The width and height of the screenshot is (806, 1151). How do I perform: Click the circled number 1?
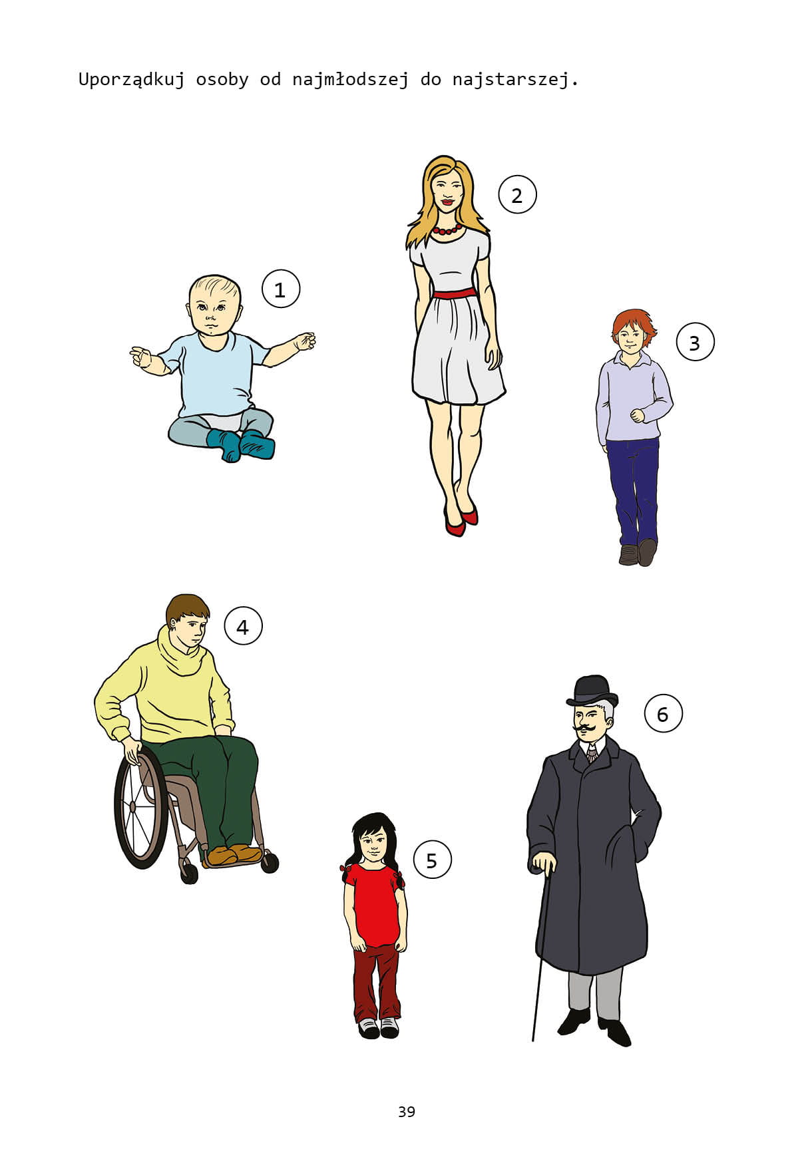pyautogui.click(x=281, y=289)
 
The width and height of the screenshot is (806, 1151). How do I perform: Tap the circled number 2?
pyautogui.click(x=517, y=194)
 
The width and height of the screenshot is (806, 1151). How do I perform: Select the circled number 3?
pyautogui.click(x=695, y=342)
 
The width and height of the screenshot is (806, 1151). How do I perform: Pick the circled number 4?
pyautogui.click(x=243, y=626)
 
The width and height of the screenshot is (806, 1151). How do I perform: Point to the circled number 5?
pyautogui.click(x=432, y=860)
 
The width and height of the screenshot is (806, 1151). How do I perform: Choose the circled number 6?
pyautogui.click(x=663, y=713)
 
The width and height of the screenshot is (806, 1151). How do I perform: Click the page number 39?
pyautogui.click(x=407, y=1112)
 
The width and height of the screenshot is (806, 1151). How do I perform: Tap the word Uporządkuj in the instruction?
pyautogui.click(x=132, y=80)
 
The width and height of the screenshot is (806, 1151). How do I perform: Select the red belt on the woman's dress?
pyautogui.click(x=455, y=293)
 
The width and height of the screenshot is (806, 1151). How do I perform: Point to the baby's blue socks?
pyautogui.click(x=241, y=444)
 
